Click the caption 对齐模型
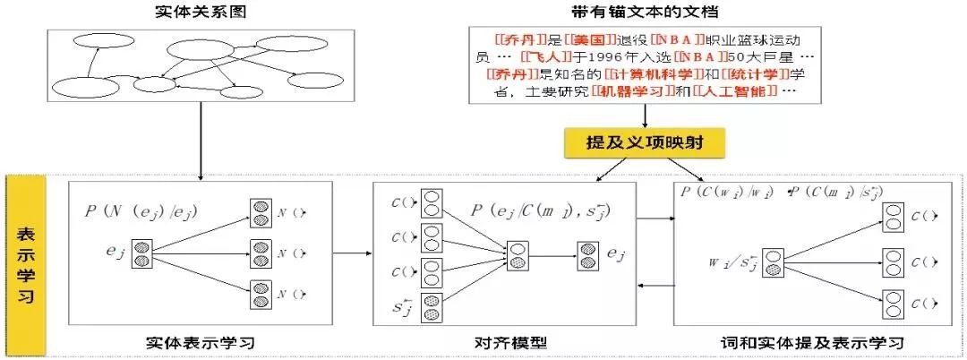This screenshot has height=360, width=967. click(510, 342)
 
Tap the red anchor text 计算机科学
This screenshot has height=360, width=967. click(642, 75)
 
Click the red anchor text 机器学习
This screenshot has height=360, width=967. click(633, 92)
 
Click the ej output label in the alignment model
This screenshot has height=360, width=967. click(616, 254)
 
